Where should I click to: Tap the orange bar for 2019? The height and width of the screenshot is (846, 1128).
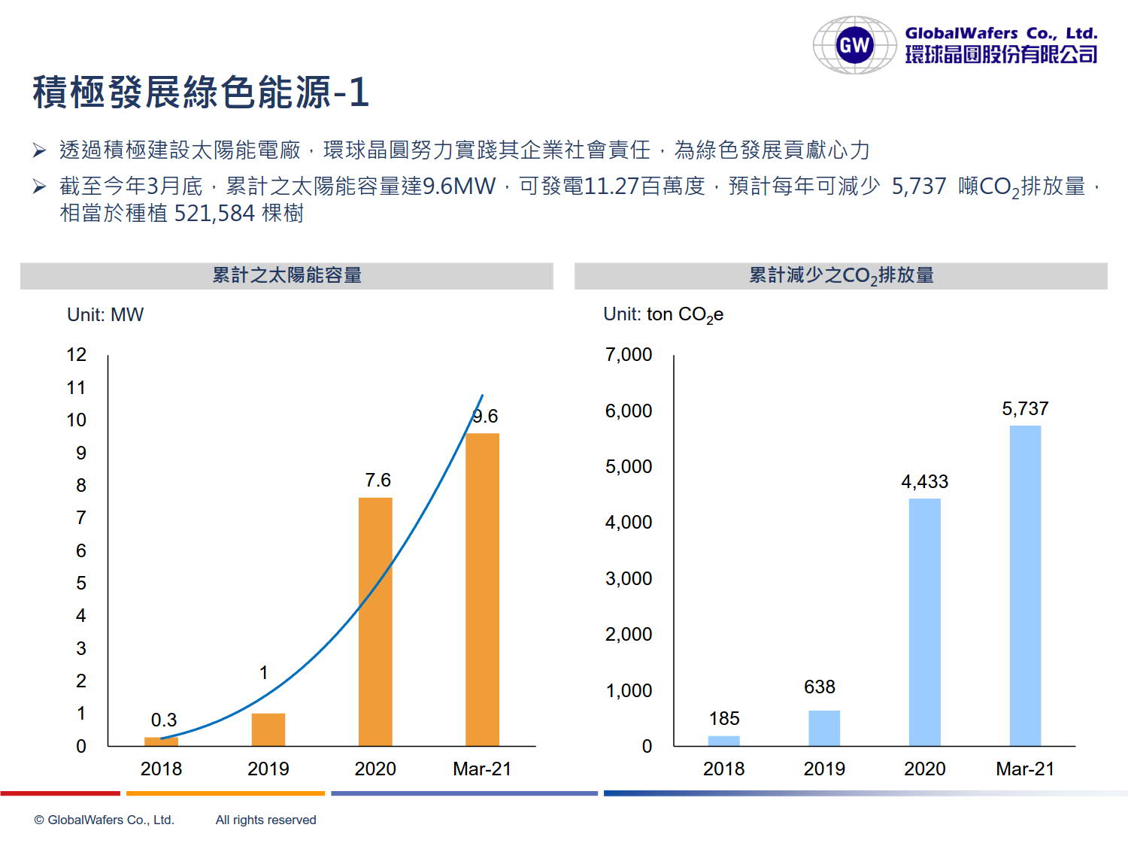tap(268, 729)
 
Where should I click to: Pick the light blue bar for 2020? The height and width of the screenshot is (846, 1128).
tap(924, 622)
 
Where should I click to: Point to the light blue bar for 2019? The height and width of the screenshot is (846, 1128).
tap(824, 728)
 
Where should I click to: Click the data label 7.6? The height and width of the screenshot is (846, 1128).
tap(378, 480)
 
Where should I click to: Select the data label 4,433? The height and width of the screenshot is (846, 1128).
tap(924, 481)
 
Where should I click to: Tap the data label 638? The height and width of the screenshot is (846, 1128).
tap(819, 687)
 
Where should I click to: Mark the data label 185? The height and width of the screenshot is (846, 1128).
tap(724, 718)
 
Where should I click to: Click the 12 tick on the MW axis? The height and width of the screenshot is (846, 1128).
tap(77, 355)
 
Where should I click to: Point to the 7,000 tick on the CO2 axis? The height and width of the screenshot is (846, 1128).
tap(629, 355)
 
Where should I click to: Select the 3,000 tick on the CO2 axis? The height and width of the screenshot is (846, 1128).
tap(629, 578)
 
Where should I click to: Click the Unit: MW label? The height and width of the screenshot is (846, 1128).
tap(105, 314)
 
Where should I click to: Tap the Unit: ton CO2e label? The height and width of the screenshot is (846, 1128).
tap(663, 314)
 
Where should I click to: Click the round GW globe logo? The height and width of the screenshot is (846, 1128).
tap(854, 45)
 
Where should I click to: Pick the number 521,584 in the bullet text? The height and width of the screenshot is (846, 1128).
tap(214, 214)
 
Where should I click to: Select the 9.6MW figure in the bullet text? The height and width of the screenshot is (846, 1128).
tap(459, 186)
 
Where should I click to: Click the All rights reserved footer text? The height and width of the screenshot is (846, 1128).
tap(265, 820)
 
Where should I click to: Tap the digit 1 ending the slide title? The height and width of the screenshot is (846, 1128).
tap(359, 92)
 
